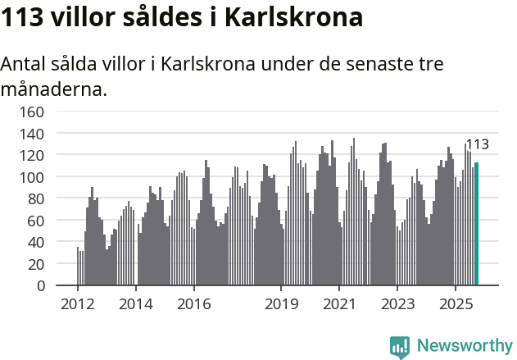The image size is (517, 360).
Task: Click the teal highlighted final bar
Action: tap(477, 224)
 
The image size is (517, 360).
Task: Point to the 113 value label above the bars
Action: tap(477, 145)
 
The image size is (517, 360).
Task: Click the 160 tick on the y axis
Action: tap(32, 111)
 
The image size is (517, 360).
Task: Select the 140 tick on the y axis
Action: tap(32, 133)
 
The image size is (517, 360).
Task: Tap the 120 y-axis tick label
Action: tap(32, 155)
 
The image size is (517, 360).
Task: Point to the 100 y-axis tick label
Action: tap(32, 176)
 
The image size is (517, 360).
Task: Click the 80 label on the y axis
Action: tap(36, 198)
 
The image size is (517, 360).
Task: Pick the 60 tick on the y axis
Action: tap(36, 221)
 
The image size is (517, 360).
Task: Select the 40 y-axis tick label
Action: tap(36, 243)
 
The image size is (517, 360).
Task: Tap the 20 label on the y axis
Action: tap(36, 264)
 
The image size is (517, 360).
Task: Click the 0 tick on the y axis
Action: tap(40, 286)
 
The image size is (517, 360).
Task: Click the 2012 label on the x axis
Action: tap(78, 304)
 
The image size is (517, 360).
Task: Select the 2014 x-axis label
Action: tap(136, 304)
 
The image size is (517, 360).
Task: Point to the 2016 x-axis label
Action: tap(193, 304)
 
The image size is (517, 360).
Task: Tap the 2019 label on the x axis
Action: tap(281, 304)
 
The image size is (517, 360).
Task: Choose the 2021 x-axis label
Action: tap(339, 304)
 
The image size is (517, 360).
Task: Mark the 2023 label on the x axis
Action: tap(397, 304)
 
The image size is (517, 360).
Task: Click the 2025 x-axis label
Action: tap(455, 304)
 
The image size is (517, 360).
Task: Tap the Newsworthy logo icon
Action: tap(400, 346)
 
